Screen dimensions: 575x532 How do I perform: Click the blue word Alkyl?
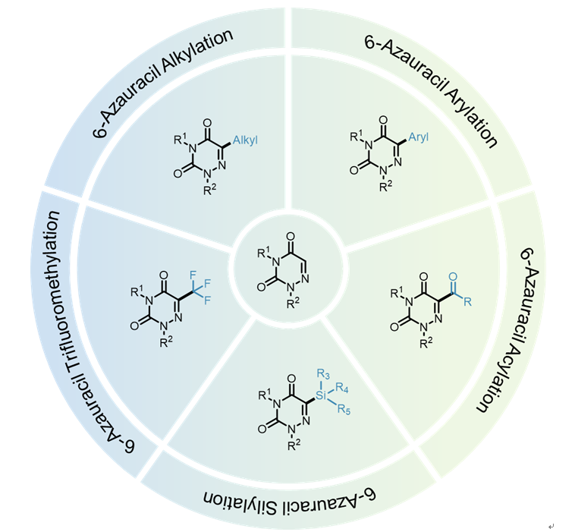pyautogui.click(x=245, y=140)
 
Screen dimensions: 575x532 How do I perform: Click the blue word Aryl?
pyautogui.click(x=419, y=137)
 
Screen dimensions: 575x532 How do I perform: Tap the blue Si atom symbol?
pyautogui.click(x=321, y=395)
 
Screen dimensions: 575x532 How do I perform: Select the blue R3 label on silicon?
pyautogui.click(x=323, y=374)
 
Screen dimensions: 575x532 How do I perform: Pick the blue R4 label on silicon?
pyautogui.click(x=342, y=388)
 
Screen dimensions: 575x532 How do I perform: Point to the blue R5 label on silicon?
pyautogui.click(x=344, y=409)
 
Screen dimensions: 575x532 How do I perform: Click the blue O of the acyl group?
pyautogui.click(x=454, y=277)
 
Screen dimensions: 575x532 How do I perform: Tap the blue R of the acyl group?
pyautogui.click(x=467, y=302)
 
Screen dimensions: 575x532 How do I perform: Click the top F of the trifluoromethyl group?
pyautogui.click(x=193, y=275)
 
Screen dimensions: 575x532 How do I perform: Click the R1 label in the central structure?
pyautogui.click(x=264, y=253)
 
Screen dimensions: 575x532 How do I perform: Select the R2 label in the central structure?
pyautogui.click(x=293, y=303)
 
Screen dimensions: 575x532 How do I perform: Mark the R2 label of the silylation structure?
pyautogui.click(x=294, y=445)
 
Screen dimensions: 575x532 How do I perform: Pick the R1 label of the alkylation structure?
pyautogui.click(x=180, y=139)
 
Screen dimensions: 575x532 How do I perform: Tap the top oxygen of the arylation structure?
pyautogui.click(x=383, y=120)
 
